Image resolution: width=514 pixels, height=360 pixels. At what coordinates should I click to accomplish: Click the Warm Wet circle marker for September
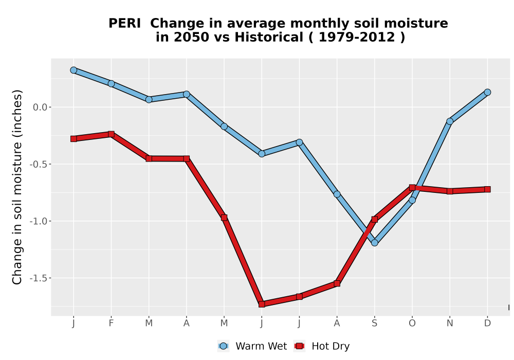click(374, 243)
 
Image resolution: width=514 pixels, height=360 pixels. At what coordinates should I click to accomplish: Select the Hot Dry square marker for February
click(111, 134)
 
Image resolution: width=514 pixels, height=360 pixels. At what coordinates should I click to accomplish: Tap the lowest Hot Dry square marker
click(262, 304)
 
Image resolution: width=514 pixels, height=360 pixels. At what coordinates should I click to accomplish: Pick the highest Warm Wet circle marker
click(74, 70)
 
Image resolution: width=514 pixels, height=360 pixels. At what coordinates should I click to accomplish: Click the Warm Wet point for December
click(487, 93)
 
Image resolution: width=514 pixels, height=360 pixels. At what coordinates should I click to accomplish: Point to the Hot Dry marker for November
click(450, 191)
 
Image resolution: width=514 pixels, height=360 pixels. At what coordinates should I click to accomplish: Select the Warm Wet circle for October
click(412, 200)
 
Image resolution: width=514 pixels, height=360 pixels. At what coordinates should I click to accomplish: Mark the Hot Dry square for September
click(374, 220)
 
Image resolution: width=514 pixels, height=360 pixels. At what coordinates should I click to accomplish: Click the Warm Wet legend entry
click(252, 346)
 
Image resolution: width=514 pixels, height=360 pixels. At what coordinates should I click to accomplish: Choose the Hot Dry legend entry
click(322, 346)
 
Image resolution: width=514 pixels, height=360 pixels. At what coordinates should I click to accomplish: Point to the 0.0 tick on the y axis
click(40, 107)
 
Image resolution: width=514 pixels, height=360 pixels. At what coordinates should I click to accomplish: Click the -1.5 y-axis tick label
click(39, 278)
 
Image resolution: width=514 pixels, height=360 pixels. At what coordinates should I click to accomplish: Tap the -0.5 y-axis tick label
click(39, 164)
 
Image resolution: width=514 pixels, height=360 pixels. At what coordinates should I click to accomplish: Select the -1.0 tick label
click(39, 221)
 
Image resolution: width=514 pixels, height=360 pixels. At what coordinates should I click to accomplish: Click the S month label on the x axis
click(374, 323)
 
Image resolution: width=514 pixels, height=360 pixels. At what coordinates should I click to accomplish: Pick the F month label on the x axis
click(111, 323)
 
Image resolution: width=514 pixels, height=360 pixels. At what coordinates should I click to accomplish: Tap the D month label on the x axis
click(487, 323)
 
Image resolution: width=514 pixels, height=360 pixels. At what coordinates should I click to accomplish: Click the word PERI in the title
click(124, 23)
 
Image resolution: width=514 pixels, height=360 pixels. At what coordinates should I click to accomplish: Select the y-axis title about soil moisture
click(17, 187)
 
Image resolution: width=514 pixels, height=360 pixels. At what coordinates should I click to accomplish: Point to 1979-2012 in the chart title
click(357, 37)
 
